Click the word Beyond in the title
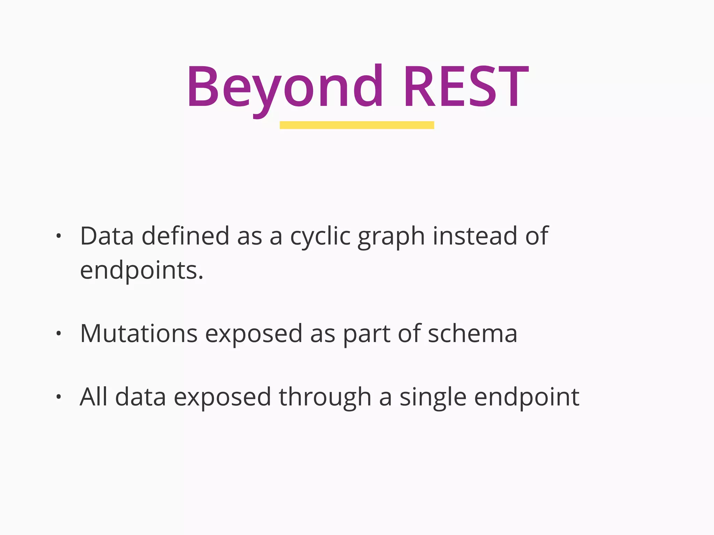pos(284,87)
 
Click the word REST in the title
pos(466,87)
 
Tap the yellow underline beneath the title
pos(357,125)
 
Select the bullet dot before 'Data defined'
pos(59,236)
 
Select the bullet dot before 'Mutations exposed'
pos(59,334)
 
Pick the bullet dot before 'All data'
pos(59,397)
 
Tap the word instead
pos(475,236)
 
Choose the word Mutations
pos(139,334)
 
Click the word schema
pos(472,334)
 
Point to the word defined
pos(185,236)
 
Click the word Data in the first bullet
pos(107,236)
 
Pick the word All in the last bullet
pos(93,397)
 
